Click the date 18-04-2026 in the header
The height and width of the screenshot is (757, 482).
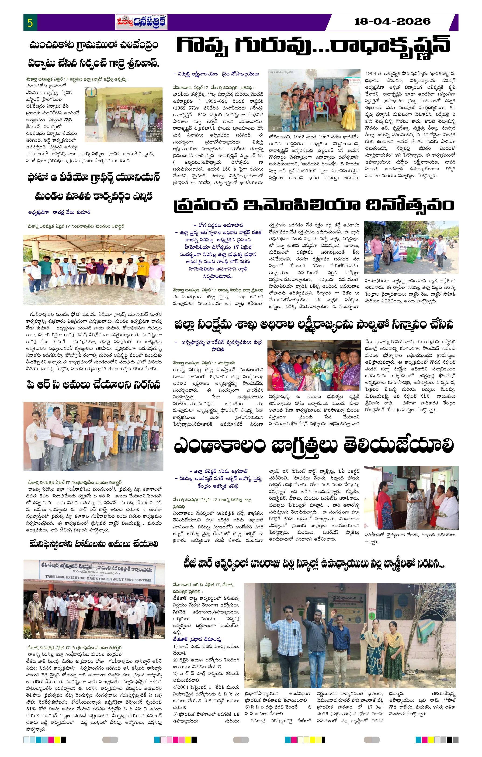coord(392,21)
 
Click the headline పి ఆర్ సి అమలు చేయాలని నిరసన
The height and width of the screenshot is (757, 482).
coord(94,385)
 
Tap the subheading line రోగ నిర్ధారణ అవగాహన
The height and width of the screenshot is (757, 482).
coord(216,225)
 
